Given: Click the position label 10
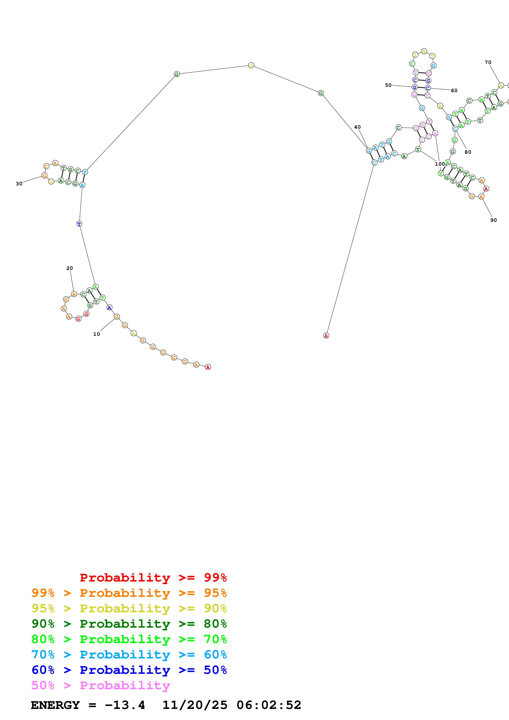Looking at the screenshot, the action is pyautogui.click(x=96, y=334).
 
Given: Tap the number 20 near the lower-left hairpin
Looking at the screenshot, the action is pyautogui.click(x=69, y=268).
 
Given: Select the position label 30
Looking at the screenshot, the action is pyautogui.click(x=19, y=183).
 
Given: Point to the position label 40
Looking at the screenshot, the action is pyautogui.click(x=357, y=127).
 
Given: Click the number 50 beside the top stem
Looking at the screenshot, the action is pyautogui.click(x=388, y=85).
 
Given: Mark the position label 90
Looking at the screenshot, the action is pyautogui.click(x=493, y=220).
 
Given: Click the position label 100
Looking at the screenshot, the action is pyautogui.click(x=440, y=164).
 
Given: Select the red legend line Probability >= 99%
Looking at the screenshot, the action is pyautogui.click(x=153, y=577).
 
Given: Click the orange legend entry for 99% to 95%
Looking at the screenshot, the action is pyautogui.click(x=129, y=593).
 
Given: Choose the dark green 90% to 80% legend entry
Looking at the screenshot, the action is pyautogui.click(x=129, y=624).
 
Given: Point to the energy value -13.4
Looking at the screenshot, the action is pyautogui.click(x=125, y=705).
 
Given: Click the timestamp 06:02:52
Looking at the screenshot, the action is pyautogui.click(x=269, y=705).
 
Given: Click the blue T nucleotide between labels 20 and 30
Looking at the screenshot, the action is pyautogui.click(x=79, y=224).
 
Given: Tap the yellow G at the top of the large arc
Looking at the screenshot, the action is pyautogui.click(x=251, y=65).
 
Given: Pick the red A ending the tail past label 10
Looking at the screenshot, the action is pyautogui.click(x=208, y=367).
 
